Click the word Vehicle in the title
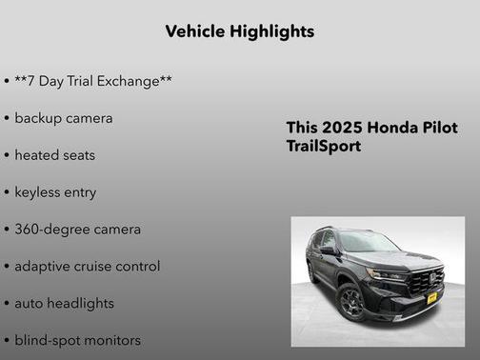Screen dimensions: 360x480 click(194, 31)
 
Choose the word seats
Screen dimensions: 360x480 click(79, 154)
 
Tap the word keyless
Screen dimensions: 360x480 click(39, 191)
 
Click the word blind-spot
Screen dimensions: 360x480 click(49, 340)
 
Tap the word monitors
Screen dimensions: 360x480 click(113, 340)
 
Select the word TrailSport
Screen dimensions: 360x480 click(324, 147)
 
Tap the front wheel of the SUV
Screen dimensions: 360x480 click(350, 304)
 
